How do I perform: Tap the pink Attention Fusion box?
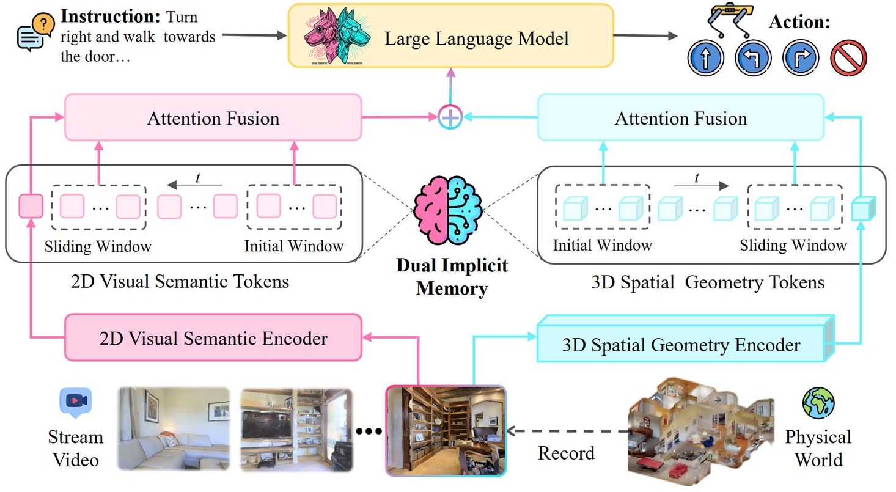(x=213, y=117)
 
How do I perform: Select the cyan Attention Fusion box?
(x=681, y=117)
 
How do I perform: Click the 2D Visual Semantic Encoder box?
(x=213, y=337)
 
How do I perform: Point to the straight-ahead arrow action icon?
(x=705, y=59)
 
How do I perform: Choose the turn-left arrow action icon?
(x=752, y=59)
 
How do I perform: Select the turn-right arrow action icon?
(x=800, y=59)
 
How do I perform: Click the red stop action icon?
(x=848, y=59)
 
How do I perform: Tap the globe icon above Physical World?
(x=818, y=402)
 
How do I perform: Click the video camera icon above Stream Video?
(x=75, y=402)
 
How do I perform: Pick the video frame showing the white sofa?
(x=173, y=428)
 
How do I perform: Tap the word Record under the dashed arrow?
(x=566, y=453)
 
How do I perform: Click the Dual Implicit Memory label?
(x=452, y=276)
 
